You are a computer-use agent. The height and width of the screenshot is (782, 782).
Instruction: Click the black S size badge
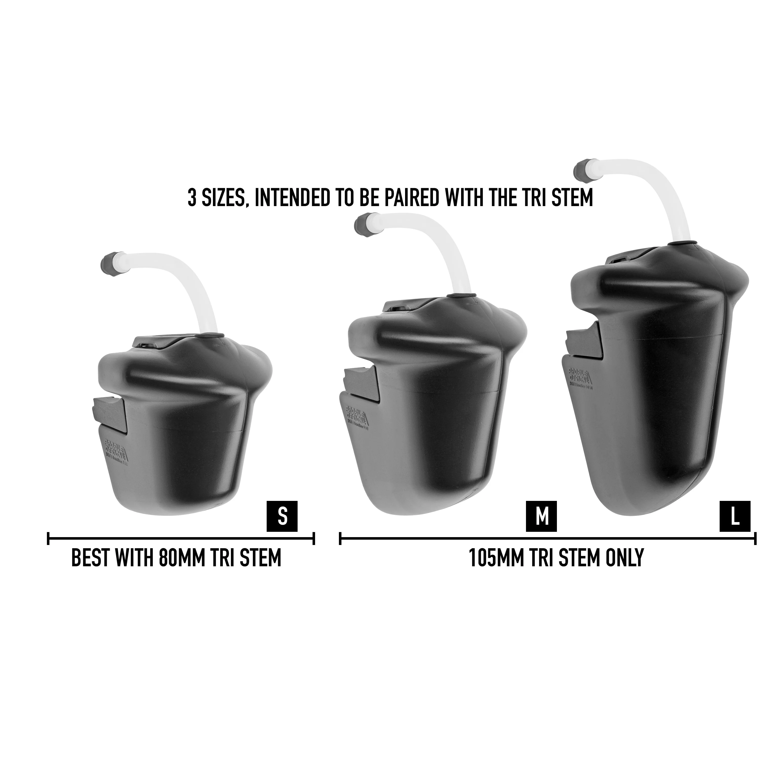click(282, 516)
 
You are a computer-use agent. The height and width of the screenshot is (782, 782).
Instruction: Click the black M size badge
click(542, 516)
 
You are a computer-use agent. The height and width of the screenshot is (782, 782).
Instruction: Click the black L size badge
click(735, 516)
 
